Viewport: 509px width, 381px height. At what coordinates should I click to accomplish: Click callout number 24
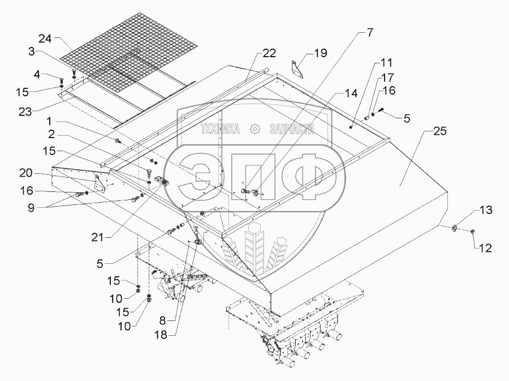[x=45, y=38]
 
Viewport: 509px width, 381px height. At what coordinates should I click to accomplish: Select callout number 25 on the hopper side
[x=439, y=132]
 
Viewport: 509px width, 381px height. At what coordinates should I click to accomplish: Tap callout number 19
[x=320, y=54]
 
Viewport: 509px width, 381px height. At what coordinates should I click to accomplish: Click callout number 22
[x=269, y=54]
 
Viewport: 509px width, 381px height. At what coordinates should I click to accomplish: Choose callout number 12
[x=485, y=247]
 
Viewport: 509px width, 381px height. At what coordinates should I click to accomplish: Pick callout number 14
[x=351, y=93]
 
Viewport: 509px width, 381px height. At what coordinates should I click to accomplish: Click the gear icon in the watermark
[x=255, y=130]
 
